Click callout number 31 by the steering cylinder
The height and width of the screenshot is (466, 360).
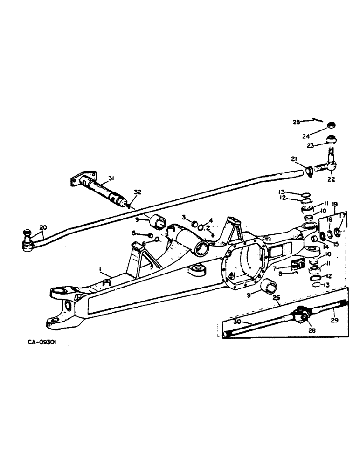(111, 178)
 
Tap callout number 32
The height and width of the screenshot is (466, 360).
(137, 192)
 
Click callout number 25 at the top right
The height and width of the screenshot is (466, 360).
(296, 122)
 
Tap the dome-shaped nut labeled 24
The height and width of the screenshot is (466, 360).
(332, 124)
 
